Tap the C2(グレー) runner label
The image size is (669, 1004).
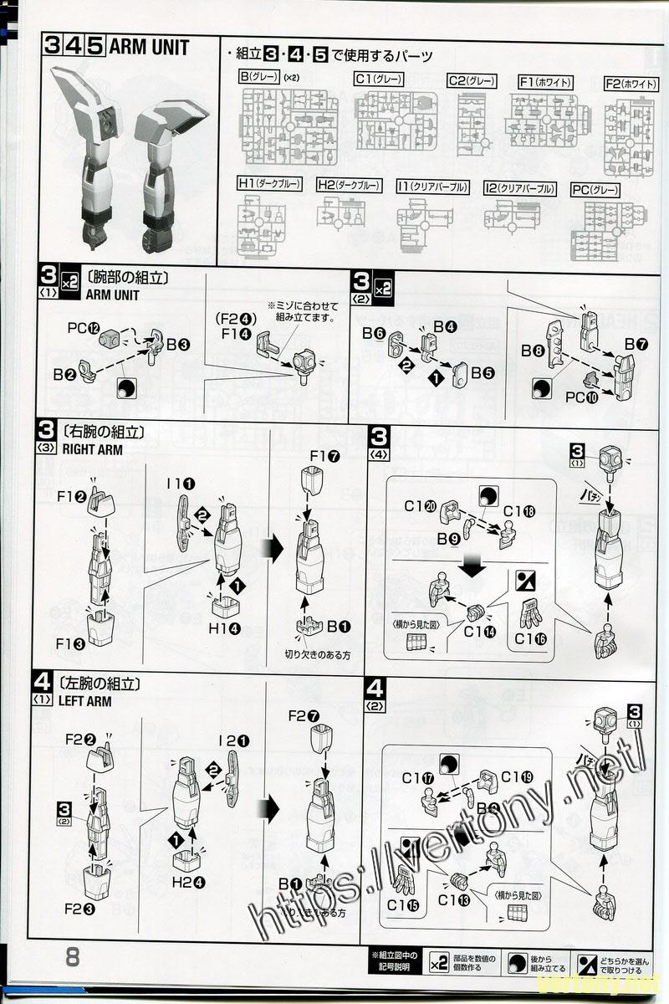pos(472,81)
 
